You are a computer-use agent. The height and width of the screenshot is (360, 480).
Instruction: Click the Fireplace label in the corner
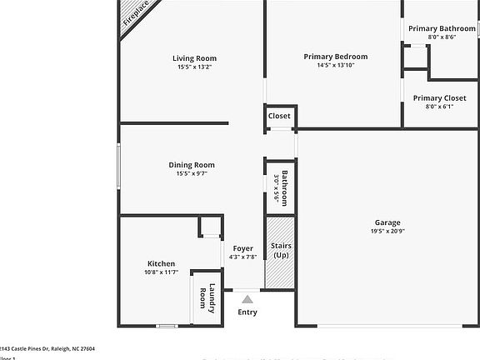(x=137, y=17)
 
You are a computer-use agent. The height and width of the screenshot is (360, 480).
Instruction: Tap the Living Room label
(x=194, y=58)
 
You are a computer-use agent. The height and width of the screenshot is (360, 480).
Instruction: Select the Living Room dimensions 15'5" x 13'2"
(x=194, y=67)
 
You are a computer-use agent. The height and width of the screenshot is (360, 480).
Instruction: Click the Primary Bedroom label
(x=335, y=57)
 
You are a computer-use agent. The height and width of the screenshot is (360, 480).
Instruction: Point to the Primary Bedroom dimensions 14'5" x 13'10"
(x=335, y=66)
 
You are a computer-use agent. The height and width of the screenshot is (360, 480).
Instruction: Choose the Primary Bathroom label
(x=442, y=28)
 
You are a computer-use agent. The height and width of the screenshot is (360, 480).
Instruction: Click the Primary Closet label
(x=439, y=98)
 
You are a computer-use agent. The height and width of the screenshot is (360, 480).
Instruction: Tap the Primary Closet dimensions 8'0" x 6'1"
(x=439, y=107)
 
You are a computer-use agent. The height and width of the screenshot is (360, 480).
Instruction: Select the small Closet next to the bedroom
(x=279, y=116)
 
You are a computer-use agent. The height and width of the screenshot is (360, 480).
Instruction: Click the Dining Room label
(x=192, y=165)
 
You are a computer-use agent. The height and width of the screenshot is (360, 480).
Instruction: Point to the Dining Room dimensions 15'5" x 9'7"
(x=192, y=173)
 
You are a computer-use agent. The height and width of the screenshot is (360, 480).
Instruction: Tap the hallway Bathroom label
(x=284, y=188)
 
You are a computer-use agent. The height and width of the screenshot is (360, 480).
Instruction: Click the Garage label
(x=387, y=222)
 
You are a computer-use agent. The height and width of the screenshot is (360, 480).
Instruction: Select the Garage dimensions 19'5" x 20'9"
(x=387, y=232)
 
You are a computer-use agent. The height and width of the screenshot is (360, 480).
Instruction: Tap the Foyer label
(x=242, y=248)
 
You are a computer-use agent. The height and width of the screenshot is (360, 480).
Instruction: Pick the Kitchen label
(x=161, y=264)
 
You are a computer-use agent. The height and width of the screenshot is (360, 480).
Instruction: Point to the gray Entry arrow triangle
(x=247, y=297)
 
